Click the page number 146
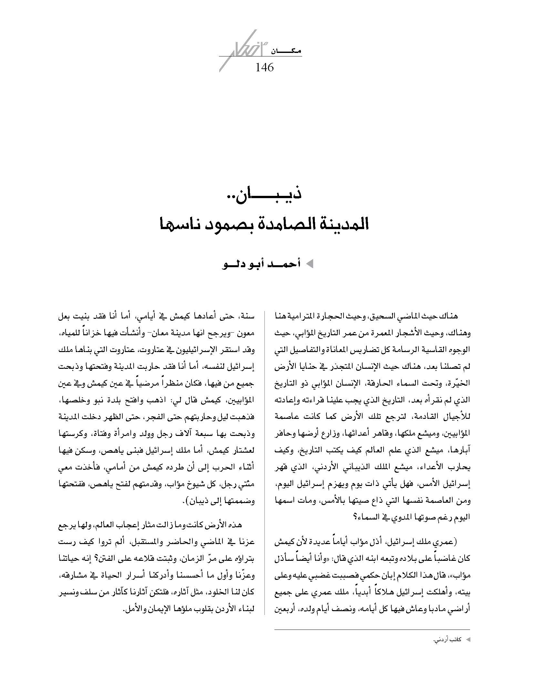(264, 67)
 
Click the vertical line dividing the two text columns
(265, 461)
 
